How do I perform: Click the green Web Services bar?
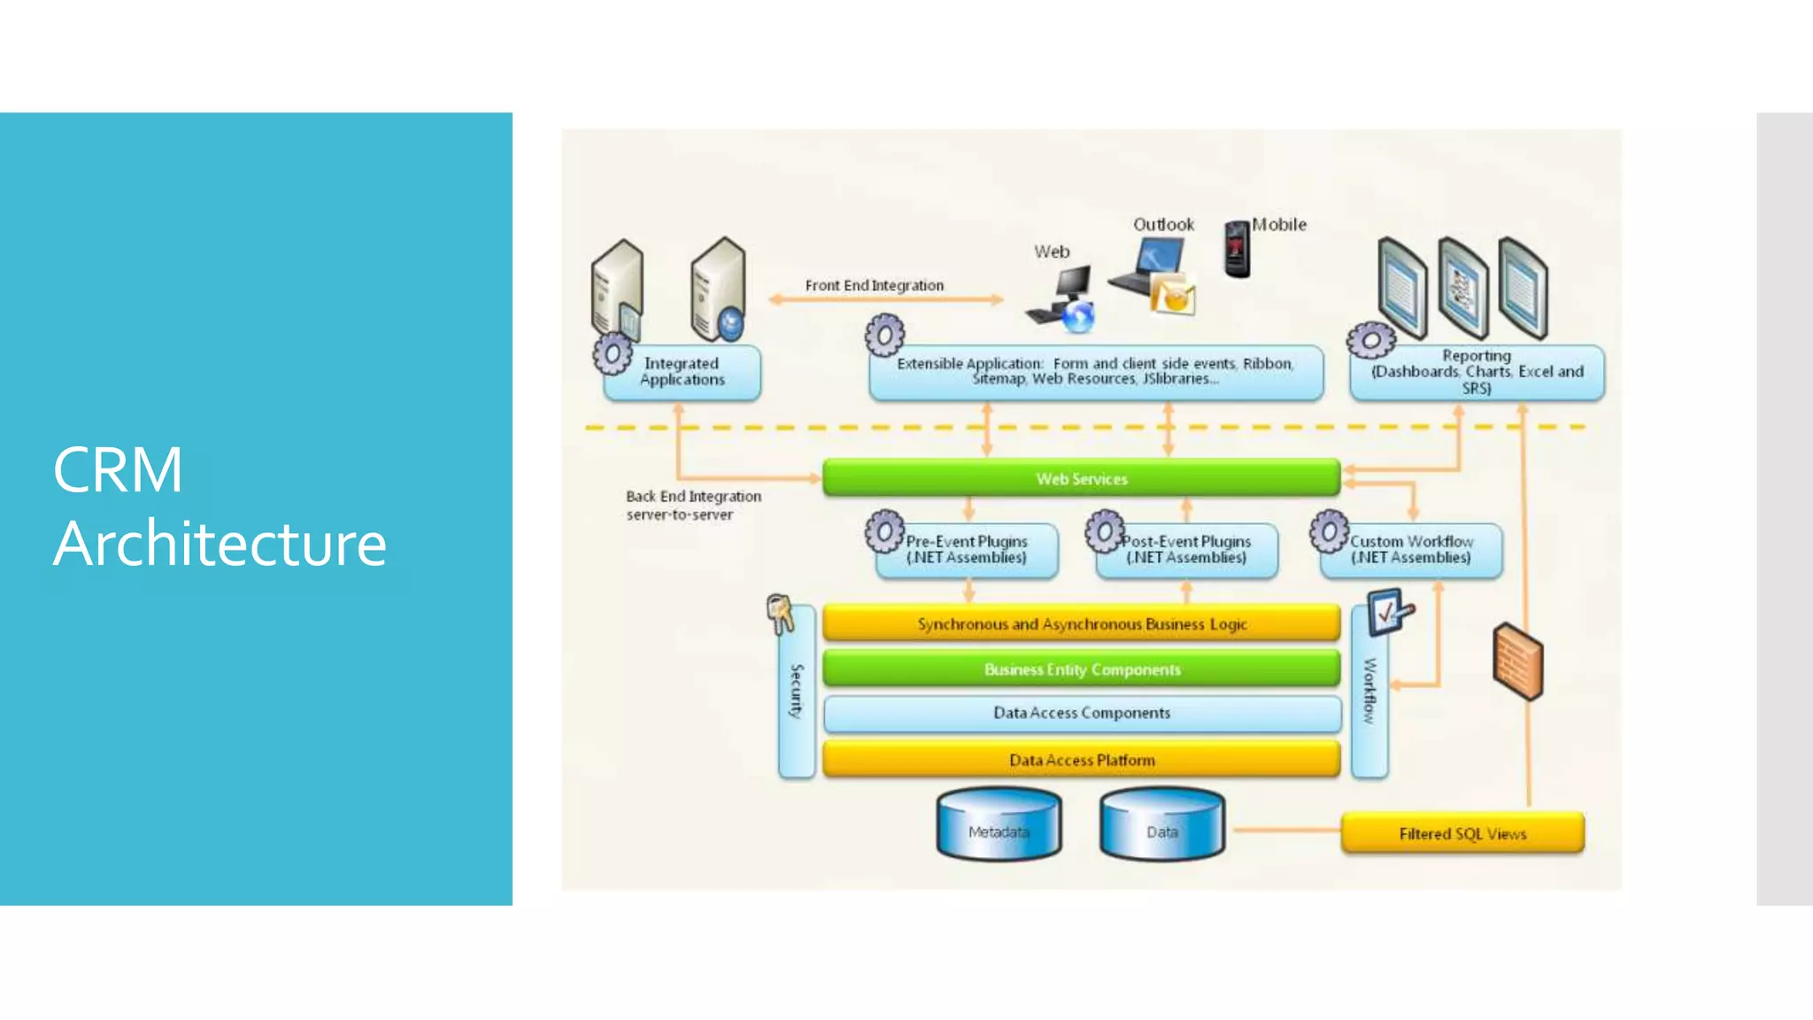(x=1081, y=478)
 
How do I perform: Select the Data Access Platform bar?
(x=1081, y=760)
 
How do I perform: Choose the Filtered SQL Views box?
(x=1462, y=833)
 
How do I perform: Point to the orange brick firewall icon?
(x=1517, y=661)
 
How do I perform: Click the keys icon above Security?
(x=780, y=613)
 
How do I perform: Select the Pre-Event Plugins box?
(x=967, y=550)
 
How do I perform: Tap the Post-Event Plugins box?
(x=1186, y=550)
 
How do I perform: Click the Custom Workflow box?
(x=1411, y=550)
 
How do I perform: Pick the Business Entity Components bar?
(x=1081, y=669)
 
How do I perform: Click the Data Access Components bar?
(x=1081, y=713)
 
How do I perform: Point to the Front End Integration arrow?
(x=885, y=299)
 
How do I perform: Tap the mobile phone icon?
(x=1237, y=249)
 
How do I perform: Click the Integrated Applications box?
(x=682, y=372)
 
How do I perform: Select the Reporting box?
(x=1477, y=373)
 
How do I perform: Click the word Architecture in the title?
(x=220, y=544)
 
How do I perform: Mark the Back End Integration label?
(x=693, y=505)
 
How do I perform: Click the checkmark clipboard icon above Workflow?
(x=1388, y=611)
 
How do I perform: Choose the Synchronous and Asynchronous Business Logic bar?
(x=1081, y=624)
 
